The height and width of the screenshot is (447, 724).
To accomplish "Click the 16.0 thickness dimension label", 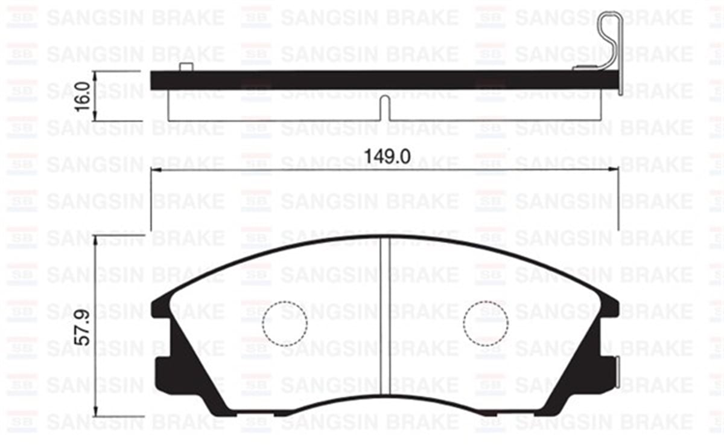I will tap(84, 95).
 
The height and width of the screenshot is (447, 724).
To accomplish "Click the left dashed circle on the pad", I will tap(285, 323).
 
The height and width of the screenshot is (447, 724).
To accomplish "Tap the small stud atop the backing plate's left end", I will tap(186, 67).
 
